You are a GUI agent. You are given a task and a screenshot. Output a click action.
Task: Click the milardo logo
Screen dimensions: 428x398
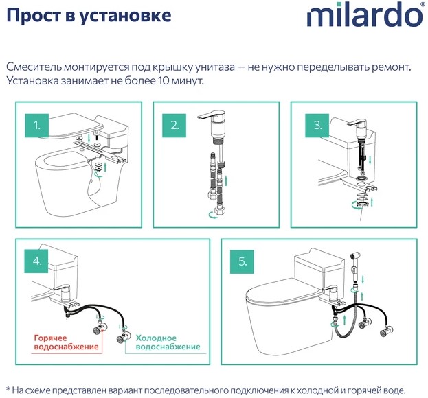pos(365,14)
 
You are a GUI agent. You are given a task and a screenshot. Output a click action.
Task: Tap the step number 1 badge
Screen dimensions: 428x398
pos(37,126)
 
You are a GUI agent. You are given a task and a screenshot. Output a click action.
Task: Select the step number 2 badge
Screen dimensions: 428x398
pos(174,126)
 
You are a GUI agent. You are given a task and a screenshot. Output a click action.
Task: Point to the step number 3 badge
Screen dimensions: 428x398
pos(317,126)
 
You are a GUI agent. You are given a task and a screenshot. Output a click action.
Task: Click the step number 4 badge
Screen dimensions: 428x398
pos(36,261)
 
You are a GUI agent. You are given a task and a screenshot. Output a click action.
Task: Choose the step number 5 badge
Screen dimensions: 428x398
pos(242,261)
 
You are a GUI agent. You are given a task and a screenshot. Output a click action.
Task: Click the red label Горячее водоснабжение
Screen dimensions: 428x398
pos(66,342)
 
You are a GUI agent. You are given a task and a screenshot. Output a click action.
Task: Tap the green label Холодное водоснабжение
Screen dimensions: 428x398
pos(168,342)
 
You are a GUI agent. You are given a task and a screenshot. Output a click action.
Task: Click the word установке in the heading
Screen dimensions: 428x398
pos(126,15)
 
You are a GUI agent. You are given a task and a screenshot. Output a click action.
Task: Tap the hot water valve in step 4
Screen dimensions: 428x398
pos(100,328)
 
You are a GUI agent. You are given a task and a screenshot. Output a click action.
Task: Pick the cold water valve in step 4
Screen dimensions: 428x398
pos(123,336)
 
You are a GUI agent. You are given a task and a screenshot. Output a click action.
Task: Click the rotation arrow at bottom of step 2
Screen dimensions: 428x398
pos(213,215)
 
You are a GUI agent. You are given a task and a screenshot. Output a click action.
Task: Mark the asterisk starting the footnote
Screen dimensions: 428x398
pos(8,388)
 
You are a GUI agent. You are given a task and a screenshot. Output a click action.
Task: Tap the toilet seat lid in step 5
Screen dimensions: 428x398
pos(282,292)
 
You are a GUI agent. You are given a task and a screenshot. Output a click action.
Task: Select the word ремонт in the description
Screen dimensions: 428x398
pos(392,67)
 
